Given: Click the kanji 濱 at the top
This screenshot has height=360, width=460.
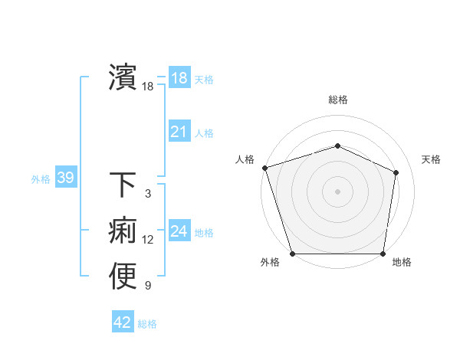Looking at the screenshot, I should (123, 77).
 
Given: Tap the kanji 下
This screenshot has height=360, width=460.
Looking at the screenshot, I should (123, 185).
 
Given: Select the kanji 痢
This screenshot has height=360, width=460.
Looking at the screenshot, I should (123, 231).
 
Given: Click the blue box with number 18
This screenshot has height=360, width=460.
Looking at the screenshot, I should (179, 77).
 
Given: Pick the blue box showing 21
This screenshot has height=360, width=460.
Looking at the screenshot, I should (179, 132).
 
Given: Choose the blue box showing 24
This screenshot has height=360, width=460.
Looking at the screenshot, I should (179, 231).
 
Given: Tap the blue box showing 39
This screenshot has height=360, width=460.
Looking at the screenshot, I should (65, 178).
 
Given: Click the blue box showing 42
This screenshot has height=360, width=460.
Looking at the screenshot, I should (123, 322).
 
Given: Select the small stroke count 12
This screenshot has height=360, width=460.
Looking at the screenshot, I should (148, 241).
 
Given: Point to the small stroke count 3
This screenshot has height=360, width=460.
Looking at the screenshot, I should (148, 195).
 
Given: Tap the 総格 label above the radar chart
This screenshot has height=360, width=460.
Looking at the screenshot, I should (338, 100).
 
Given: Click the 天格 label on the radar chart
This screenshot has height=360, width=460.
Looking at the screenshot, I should (431, 159).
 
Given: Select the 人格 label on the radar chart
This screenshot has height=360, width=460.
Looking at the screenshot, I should (245, 159).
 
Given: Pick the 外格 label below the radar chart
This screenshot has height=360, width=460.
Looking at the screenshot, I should (269, 263).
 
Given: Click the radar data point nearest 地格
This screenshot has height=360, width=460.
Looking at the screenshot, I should (383, 254).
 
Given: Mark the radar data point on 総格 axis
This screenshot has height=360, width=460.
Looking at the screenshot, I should (338, 146).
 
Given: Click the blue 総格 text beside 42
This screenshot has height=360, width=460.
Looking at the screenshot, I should (148, 324).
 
